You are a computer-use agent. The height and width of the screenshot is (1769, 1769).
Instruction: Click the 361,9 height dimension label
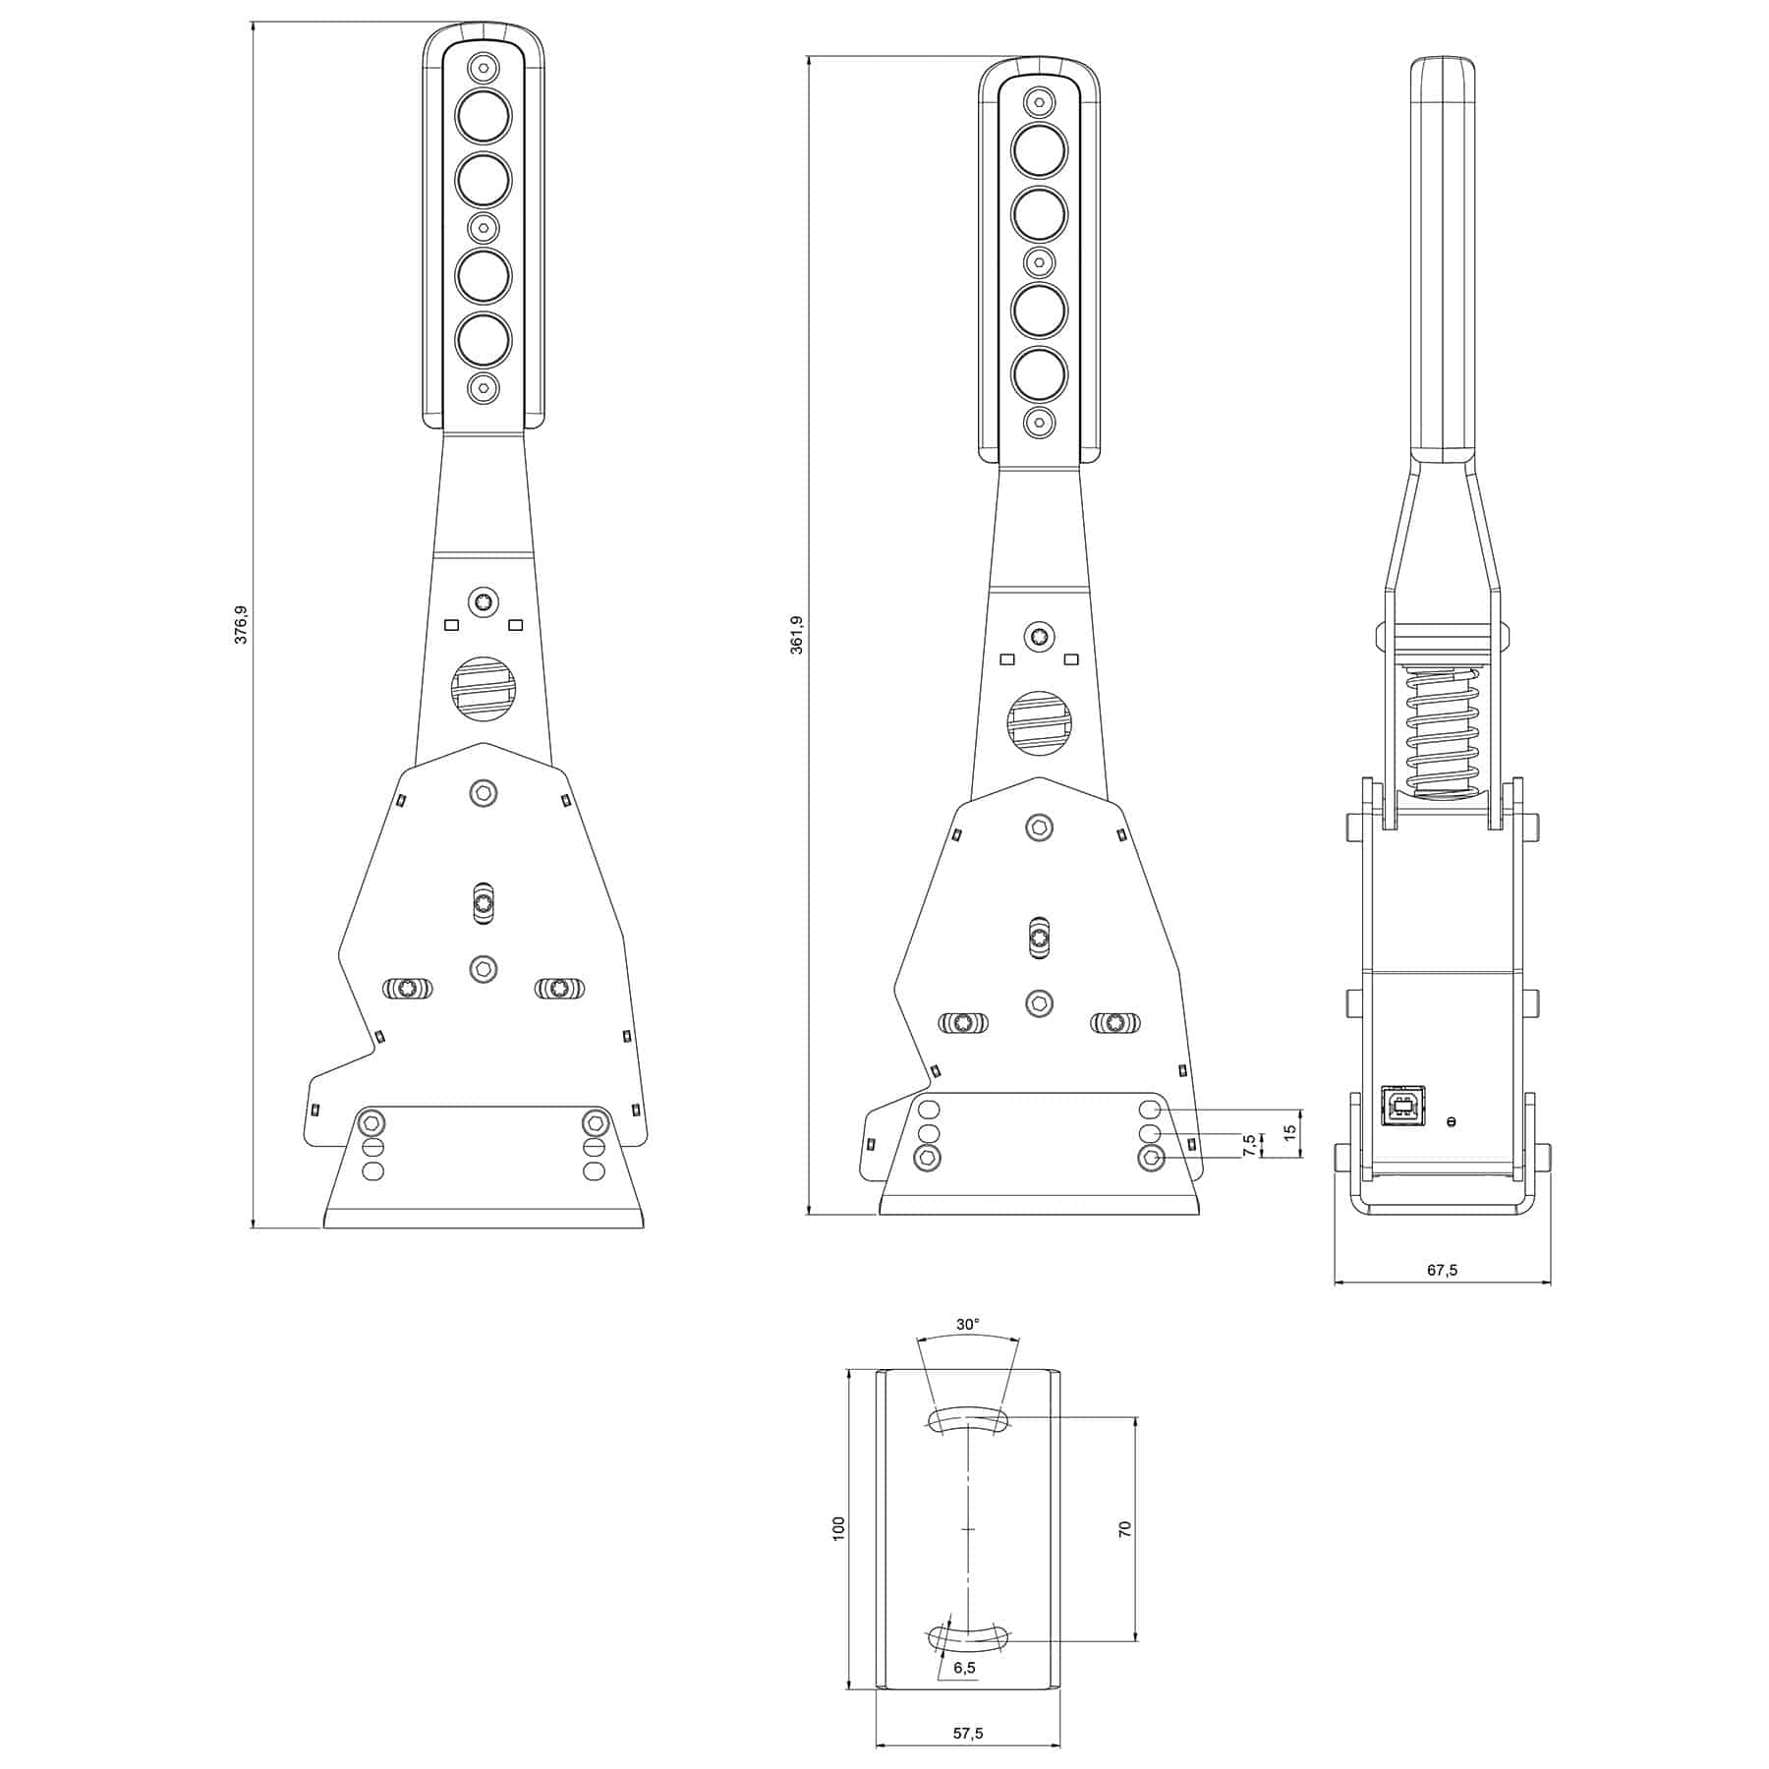click(797, 635)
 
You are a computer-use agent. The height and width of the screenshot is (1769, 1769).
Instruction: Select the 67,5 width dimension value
click(1442, 1270)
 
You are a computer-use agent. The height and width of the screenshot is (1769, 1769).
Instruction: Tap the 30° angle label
click(967, 1324)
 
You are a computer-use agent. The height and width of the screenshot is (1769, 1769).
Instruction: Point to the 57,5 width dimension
click(968, 1734)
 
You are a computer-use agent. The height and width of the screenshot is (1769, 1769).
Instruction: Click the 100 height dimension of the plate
click(838, 1528)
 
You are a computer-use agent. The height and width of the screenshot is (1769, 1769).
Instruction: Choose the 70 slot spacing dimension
click(1125, 1528)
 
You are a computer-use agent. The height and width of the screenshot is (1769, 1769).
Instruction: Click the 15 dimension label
click(1291, 1131)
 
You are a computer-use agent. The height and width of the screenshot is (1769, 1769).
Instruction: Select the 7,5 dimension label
click(1249, 1144)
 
